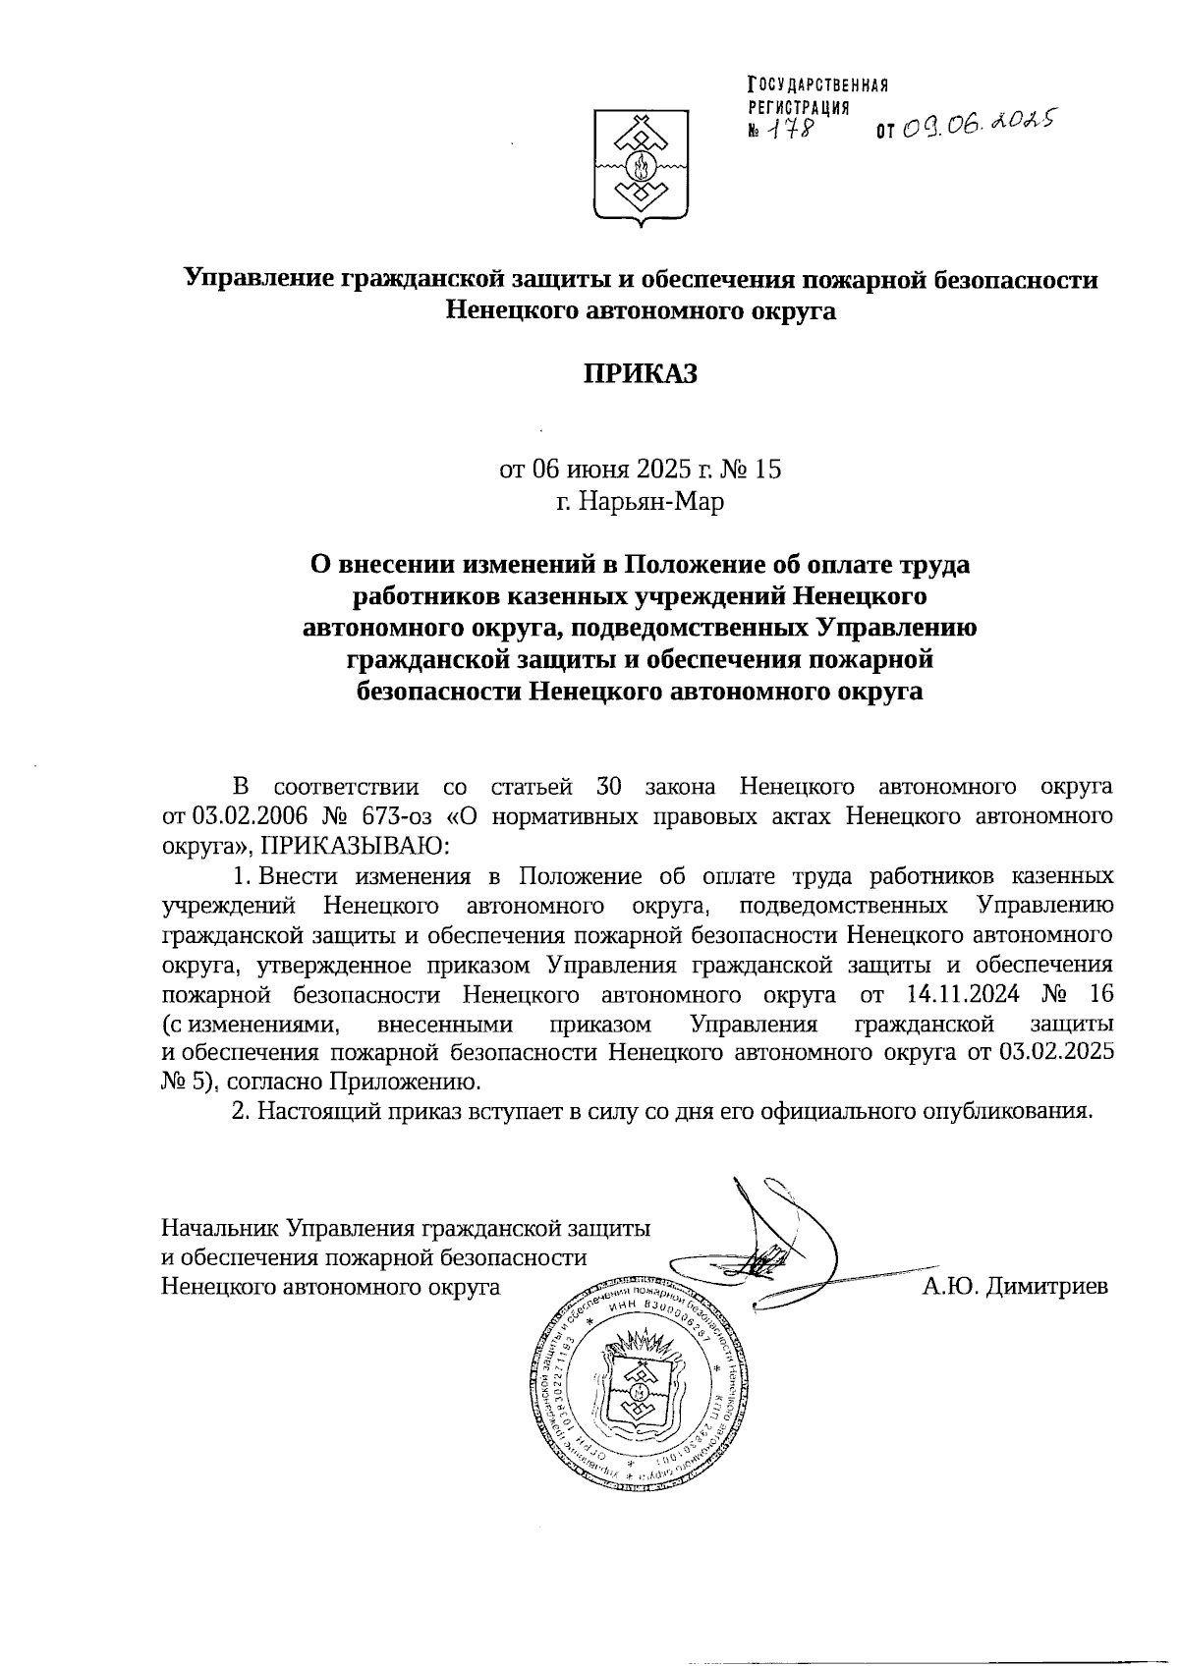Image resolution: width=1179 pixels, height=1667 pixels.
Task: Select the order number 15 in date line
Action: (768, 469)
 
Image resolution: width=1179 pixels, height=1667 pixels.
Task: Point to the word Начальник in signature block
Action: (220, 1227)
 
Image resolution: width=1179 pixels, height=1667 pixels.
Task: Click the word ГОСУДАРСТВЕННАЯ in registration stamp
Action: (818, 85)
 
